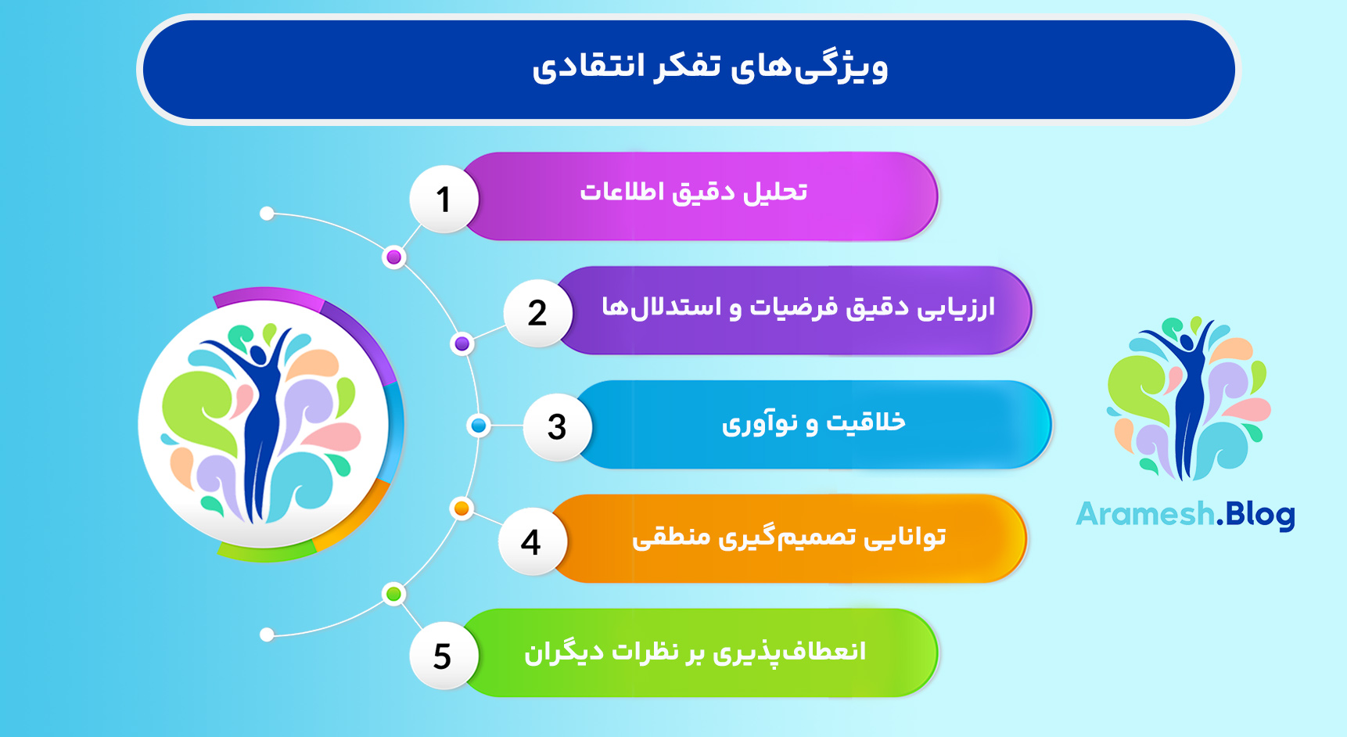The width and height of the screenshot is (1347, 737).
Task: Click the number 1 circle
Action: pyautogui.click(x=444, y=200)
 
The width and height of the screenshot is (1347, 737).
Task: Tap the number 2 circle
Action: pyautogui.click(x=537, y=313)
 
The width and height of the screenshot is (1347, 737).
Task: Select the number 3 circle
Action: pyautogui.click(x=557, y=427)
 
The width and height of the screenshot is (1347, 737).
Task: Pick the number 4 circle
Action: pyautogui.click(x=531, y=541)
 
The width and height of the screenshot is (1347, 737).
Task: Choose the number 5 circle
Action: pyautogui.click(x=443, y=656)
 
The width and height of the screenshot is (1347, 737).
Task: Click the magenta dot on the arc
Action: pyautogui.click(x=394, y=257)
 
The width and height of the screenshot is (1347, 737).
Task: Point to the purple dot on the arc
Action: pyautogui.click(x=462, y=343)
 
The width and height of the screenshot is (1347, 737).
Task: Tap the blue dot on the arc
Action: pyautogui.click(x=478, y=426)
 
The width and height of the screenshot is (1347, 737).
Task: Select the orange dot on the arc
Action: pyautogui.click(x=462, y=509)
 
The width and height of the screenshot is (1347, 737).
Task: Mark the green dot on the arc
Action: pyautogui.click(x=394, y=595)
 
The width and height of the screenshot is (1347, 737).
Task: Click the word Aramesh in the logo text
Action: pyautogui.click(x=1145, y=515)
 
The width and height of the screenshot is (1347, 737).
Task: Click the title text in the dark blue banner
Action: pyautogui.click(x=710, y=67)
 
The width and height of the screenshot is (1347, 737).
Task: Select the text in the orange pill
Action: pyautogui.click(x=788, y=537)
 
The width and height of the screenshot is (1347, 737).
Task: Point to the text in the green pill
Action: pyautogui.click(x=695, y=652)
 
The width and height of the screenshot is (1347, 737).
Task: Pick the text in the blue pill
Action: pyautogui.click(x=814, y=423)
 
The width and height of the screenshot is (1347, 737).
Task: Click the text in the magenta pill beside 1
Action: pyautogui.click(x=693, y=192)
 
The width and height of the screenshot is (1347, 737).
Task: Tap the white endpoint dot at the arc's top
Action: pyautogui.click(x=267, y=214)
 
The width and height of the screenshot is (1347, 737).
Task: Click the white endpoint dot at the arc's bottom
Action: pyautogui.click(x=267, y=635)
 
